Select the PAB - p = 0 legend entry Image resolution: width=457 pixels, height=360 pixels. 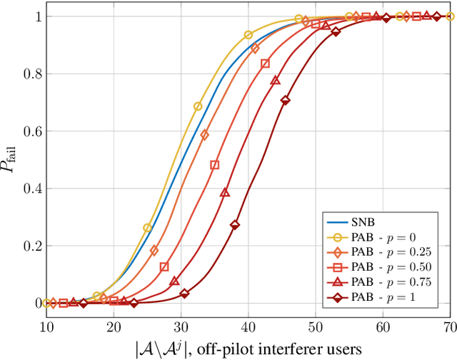[382, 236]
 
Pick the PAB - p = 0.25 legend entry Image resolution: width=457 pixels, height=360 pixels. [382, 251]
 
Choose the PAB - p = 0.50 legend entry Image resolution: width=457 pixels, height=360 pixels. [382, 267]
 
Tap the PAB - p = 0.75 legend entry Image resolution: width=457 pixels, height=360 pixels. [382, 282]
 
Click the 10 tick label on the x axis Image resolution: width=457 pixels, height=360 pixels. [46, 326]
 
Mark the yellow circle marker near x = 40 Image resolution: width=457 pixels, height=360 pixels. [248, 35]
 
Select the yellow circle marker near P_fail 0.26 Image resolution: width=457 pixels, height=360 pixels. [148, 228]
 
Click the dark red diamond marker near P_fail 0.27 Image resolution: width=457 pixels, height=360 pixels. [235, 225]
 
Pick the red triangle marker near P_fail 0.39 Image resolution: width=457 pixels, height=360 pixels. [225, 192]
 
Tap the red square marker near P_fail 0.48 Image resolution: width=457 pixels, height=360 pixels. [215, 165]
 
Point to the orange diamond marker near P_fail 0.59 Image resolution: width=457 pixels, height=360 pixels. [205, 135]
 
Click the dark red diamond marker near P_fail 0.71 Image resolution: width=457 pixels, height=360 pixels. [286, 101]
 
